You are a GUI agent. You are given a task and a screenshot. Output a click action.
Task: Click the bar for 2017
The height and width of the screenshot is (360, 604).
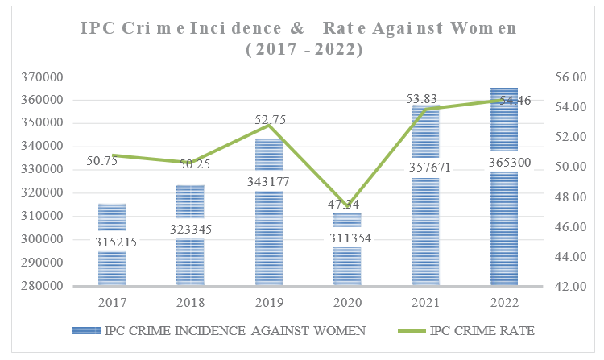pos(112,245)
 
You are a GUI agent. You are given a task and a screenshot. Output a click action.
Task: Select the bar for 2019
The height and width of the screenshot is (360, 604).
pos(269,213)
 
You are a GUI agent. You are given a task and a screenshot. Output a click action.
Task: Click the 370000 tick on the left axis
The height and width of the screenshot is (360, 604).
pos(45,77)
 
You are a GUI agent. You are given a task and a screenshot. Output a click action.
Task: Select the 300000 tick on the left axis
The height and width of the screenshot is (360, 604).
pos(45,239)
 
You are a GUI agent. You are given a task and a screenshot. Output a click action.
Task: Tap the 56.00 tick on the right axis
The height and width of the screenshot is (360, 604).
pos(569,77)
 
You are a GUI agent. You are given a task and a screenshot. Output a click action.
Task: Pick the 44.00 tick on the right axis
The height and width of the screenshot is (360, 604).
pos(569,256)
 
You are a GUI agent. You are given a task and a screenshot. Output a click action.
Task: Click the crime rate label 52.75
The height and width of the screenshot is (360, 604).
pos(269,120)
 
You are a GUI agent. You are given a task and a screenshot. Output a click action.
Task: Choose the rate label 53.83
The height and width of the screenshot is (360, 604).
pos(425,99)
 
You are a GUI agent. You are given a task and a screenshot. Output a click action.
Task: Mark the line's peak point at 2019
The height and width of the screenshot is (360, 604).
pos(269,126)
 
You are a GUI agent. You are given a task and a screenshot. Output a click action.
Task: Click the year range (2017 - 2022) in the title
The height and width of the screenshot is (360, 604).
pos(302,49)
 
